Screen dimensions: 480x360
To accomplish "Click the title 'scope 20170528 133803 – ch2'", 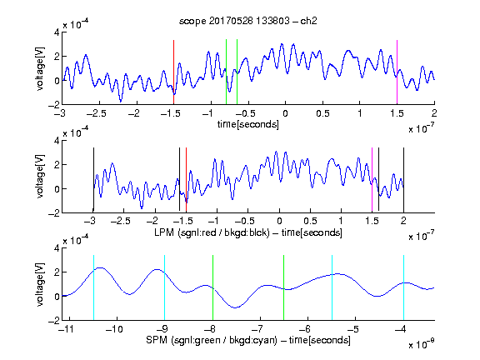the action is (x=248, y=21).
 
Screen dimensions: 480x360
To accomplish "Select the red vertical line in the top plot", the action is (x=173, y=72).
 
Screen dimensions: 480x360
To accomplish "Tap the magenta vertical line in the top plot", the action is (x=397, y=72).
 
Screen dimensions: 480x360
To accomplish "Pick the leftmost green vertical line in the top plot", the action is (x=226, y=72).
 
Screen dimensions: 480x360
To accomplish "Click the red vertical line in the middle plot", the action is (x=186, y=180).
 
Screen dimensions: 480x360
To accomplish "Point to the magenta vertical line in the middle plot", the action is (x=372, y=180).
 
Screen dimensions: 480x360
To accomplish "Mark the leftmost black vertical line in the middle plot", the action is (x=93, y=180).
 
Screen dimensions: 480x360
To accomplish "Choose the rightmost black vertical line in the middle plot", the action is (x=403, y=180).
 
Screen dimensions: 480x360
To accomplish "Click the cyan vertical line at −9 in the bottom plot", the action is (x=165, y=287).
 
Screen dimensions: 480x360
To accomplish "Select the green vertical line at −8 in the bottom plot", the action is (x=212, y=287).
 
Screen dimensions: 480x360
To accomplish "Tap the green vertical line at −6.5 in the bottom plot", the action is (x=284, y=287).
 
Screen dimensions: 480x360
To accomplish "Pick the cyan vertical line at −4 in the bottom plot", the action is (x=403, y=287).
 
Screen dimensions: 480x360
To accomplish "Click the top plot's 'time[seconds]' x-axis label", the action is (x=248, y=125).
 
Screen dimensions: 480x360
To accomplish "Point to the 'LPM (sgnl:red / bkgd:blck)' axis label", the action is (x=212, y=232).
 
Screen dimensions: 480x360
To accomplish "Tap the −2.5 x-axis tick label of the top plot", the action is (x=96, y=114).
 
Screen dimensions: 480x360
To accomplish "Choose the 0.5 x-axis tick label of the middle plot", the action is (x=310, y=221).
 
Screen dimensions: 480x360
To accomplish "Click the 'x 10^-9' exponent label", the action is (x=422, y=344).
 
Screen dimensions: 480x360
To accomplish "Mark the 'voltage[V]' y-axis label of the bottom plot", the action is (x=39, y=284).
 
